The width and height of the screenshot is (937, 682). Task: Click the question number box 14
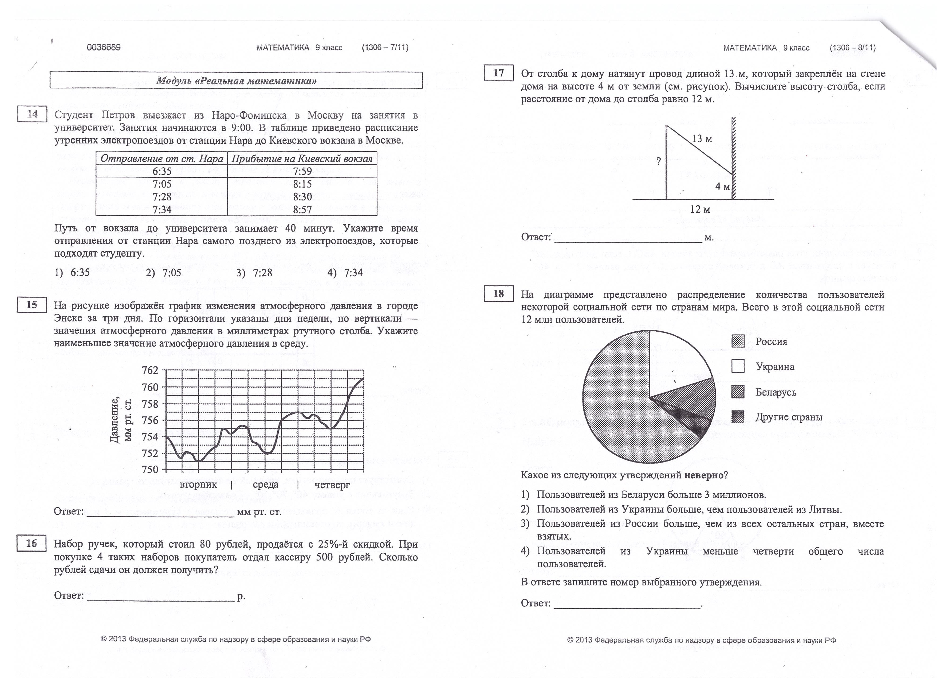point(32,114)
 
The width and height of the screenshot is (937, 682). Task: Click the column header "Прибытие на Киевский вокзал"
point(302,159)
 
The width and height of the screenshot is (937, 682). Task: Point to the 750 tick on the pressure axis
point(150,470)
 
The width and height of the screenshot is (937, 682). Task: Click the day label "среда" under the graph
point(265,484)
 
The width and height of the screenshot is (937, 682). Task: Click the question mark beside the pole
point(659,162)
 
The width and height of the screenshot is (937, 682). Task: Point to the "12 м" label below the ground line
point(700,210)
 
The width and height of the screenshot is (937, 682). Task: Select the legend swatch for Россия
point(738,341)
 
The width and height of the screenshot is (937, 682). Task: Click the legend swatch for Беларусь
point(738,392)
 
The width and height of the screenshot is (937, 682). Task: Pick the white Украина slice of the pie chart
point(674,364)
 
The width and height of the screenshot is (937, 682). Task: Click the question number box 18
point(498,294)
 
